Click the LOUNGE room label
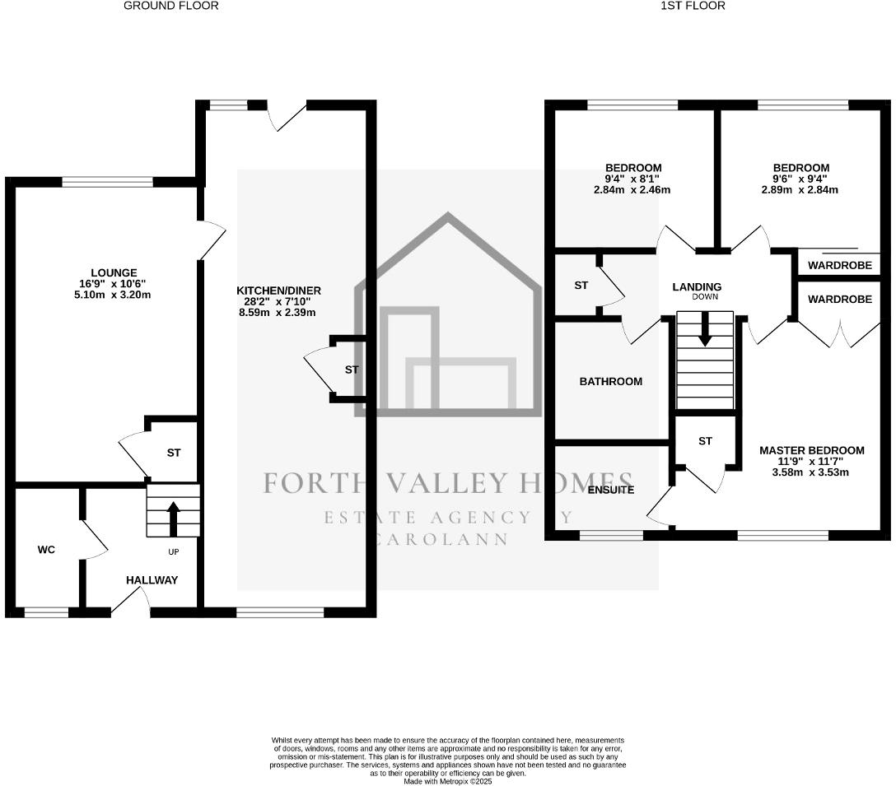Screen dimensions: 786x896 [x=114, y=273]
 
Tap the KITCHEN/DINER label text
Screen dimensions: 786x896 [x=278, y=291]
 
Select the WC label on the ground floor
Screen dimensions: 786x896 [x=46, y=550]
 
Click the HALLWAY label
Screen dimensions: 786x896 [x=152, y=580]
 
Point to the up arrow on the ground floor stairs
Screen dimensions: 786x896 [x=173, y=518]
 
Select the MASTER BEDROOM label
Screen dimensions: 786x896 [x=811, y=450]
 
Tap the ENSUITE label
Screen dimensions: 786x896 [x=611, y=490]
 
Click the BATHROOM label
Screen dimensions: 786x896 [x=610, y=382]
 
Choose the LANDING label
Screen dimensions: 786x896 [x=697, y=286]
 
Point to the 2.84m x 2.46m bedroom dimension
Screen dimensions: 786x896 [x=632, y=189]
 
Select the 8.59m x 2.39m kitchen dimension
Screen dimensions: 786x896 [x=278, y=312]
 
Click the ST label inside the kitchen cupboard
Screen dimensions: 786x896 [x=352, y=370]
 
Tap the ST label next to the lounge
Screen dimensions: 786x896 [x=174, y=453]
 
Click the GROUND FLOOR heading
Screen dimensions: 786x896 [x=171, y=6]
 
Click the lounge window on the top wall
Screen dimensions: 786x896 [x=107, y=182]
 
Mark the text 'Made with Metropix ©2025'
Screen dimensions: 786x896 [x=448, y=782]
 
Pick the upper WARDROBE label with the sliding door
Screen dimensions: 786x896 [x=839, y=266]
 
